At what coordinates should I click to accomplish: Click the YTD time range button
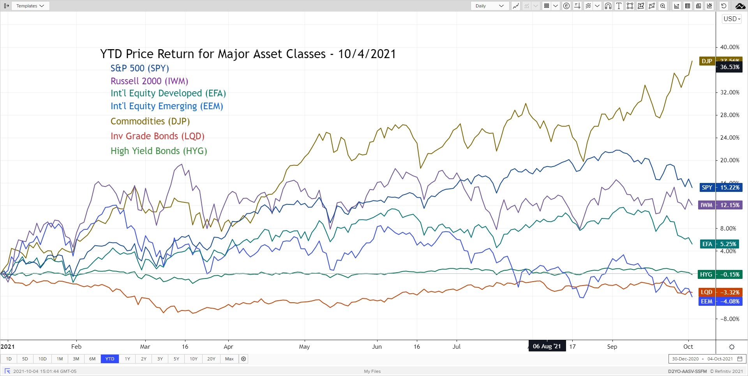[x=110, y=359]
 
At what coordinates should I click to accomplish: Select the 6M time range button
[x=92, y=359]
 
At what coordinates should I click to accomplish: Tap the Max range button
[x=229, y=359]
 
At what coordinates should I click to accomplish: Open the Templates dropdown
[x=30, y=6]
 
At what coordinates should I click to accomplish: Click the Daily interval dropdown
[x=489, y=6]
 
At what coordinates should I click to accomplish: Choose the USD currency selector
[x=732, y=19]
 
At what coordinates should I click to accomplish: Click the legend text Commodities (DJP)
[x=150, y=121]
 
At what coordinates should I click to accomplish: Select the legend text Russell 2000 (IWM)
[x=149, y=81]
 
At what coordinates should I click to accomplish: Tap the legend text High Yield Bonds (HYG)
[x=159, y=151]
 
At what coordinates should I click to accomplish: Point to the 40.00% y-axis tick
[x=729, y=47]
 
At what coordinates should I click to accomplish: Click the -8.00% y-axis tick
[x=729, y=319]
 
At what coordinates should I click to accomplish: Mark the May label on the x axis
[x=304, y=347]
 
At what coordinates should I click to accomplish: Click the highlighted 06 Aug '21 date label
[x=547, y=346]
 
